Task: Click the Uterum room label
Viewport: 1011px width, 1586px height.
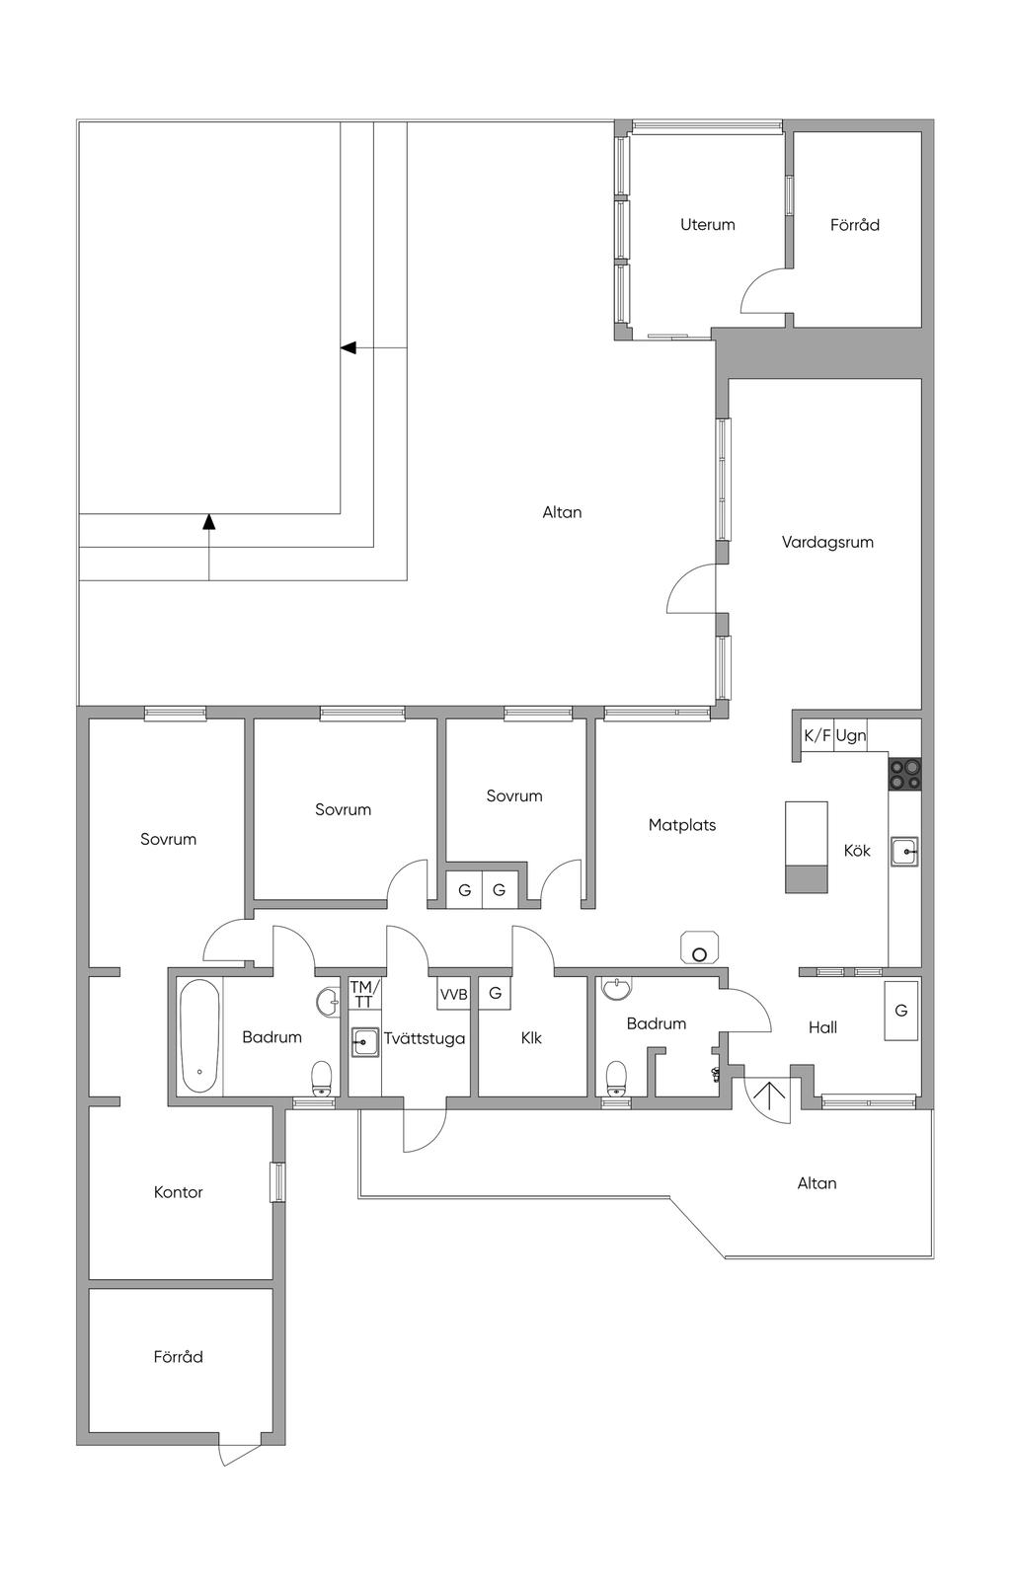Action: click(707, 224)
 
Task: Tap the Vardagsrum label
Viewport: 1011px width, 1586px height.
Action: click(826, 543)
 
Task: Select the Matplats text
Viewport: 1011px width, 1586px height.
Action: click(681, 825)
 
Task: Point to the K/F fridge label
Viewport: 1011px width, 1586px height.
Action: click(817, 735)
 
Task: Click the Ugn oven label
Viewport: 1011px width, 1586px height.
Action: click(850, 735)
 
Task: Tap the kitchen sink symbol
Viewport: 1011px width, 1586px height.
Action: click(904, 851)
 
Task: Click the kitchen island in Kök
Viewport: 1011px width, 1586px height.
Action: click(807, 847)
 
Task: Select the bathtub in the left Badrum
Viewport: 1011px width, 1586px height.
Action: click(199, 1036)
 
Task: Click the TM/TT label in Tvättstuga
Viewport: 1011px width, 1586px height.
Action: click(365, 994)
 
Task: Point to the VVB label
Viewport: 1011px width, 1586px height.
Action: click(453, 995)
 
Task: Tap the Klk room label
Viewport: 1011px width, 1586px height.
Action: click(531, 1038)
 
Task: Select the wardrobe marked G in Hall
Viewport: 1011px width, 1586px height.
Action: click(901, 1011)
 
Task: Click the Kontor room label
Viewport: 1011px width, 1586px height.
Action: click(178, 1192)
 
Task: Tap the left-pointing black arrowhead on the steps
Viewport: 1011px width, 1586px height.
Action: click(348, 347)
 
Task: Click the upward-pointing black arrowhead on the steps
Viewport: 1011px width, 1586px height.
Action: click(208, 522)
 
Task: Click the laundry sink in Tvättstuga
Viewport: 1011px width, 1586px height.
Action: click(365, 1042)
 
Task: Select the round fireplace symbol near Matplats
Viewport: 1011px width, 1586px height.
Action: click(700, 948)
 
